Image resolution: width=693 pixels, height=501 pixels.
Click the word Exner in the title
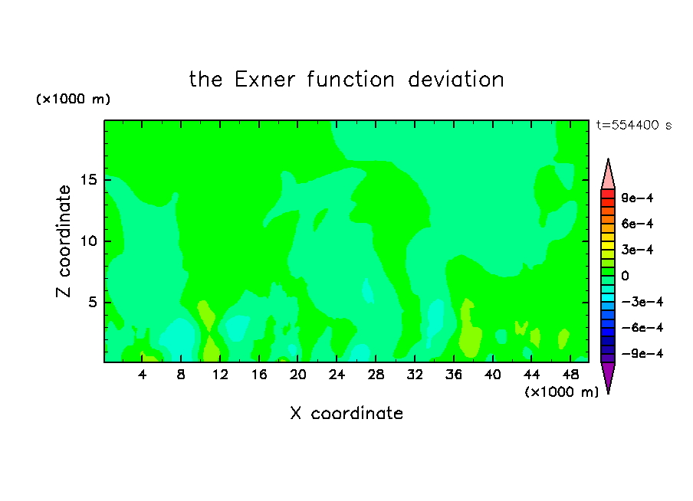click(x=264, y=80)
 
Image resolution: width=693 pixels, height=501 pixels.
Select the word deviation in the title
click(x=455, y=80)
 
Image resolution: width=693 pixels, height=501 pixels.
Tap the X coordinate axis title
click(x=346, y=413)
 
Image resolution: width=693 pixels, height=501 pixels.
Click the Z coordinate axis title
click(x=63, y=241)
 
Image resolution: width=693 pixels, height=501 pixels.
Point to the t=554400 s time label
click(x=634, y=125)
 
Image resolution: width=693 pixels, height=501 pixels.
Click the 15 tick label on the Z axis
click(x=89, y=180)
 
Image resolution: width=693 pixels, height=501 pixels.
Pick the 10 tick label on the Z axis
click(x=89, y=241)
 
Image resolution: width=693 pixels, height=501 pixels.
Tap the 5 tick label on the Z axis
click(x=93, y=302)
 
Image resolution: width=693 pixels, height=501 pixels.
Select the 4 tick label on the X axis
click(x=142, y=375)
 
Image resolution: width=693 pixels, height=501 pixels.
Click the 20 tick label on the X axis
click(x=298, y=375)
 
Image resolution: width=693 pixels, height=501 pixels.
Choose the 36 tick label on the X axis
click(x=454, y=375)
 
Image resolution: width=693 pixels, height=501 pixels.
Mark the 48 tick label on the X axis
click(x=570, y=375)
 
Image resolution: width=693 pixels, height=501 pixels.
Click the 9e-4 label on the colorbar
click(x=637, y=198)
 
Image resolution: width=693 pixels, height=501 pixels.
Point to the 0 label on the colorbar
click(x=625, y=276)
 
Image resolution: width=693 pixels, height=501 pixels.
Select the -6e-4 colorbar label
click(x=642, y=328)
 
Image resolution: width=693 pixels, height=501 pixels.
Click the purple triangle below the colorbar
click(x=608, y=376)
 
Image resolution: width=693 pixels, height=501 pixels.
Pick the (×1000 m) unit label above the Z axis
click(x=73, y=99)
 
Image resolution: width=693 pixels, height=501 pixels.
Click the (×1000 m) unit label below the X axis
click(x=561, y=392)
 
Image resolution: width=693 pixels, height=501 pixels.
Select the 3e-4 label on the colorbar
click(x=637, y=250)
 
